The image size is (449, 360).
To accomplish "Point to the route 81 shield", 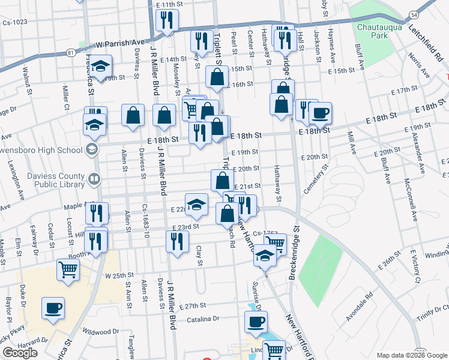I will (x=72, y=53).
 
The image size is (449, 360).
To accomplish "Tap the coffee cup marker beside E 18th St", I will (x=320, y=113).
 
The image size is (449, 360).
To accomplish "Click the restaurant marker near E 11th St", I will (x=166, y=21).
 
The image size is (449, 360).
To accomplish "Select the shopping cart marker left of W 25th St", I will (x=68, y=270).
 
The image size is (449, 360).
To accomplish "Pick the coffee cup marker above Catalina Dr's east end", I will (x=256, y=322).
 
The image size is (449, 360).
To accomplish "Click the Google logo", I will (x=20, y=353).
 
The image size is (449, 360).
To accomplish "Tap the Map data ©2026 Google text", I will (x=411, y=355).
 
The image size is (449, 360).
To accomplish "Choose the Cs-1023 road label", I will (x=15, y=22).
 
